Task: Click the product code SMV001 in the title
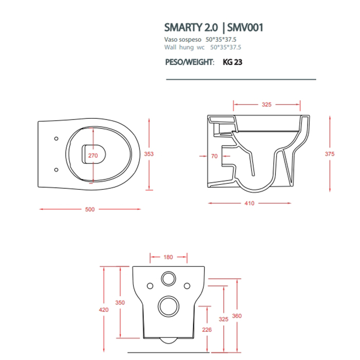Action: pyautogui.click(x=245, y=27)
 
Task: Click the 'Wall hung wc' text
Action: pyautogui.click(x=184, y=47)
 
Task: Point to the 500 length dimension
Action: pyautogui.click(x=90, y=209)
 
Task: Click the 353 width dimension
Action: pyautogui.click(x=149, y=153)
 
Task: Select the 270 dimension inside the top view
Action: pyautogui.click(x=93, y=155)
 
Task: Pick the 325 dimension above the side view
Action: pyautogui.click(x=266, y=104)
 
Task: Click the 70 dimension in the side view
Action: pyautogui.click(x=214, y=156)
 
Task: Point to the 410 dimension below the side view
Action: pyautogui.click(x=249, y=203)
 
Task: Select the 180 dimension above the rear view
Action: pyautogui.click(x=168, y=257)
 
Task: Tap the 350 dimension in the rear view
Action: pyautogui.click(x=119, y=303)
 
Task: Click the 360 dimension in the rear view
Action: pyautogui.click(x=237, y=315)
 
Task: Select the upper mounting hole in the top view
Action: pyautogui.click(x=56, y=138)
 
